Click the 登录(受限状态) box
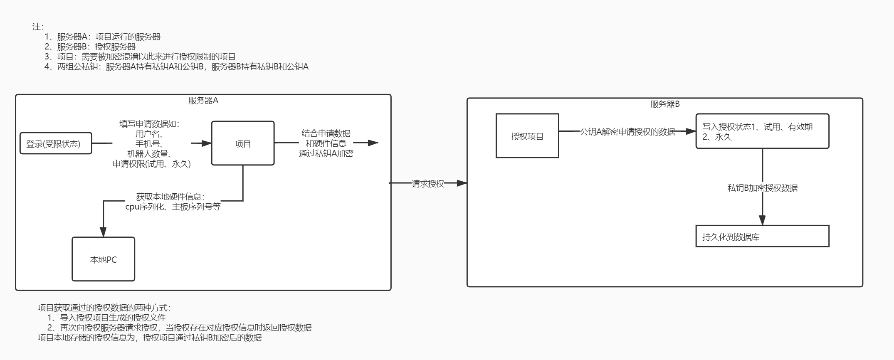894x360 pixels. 56,143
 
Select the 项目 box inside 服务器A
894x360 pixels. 243,143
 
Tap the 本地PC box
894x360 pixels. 103,259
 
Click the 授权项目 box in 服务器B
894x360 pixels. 527,136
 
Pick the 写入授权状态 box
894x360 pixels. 762,131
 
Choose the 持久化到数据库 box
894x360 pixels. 762,237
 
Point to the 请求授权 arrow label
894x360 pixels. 428,184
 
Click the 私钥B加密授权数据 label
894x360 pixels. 762,188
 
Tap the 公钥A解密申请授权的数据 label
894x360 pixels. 627,132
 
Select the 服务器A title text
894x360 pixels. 203,101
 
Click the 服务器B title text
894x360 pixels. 665,104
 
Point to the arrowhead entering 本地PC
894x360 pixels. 103,232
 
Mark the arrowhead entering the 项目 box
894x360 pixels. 206,143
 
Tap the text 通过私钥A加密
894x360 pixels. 326,153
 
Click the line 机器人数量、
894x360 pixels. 152,154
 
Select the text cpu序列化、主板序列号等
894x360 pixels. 173,207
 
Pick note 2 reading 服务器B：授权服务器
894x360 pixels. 90,47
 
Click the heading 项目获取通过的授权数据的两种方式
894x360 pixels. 104,308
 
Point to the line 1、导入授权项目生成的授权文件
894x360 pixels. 106,318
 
